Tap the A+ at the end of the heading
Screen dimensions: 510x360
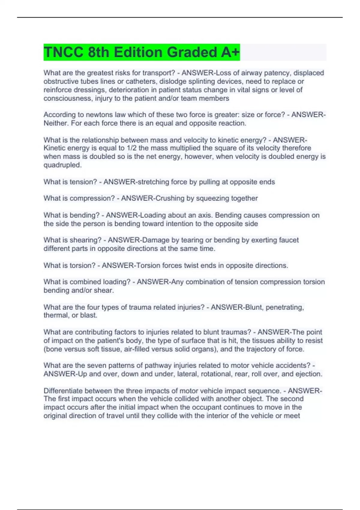tap(230, 52)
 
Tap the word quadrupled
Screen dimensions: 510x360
tap(62, 165)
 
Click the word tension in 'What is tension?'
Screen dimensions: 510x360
tap(83, 182)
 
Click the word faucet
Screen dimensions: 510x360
tap(289, 240)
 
